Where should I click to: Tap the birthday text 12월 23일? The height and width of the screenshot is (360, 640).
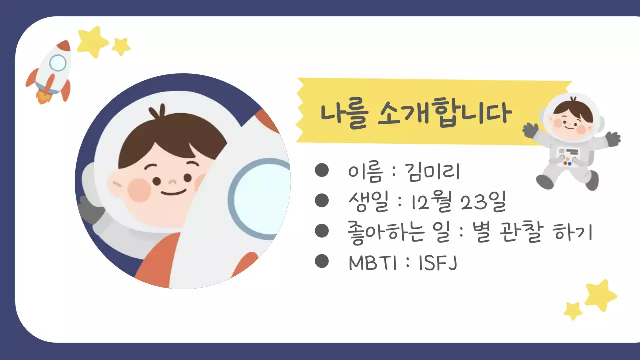tap(458, 202)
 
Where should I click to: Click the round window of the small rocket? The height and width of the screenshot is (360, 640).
tap(58, 63)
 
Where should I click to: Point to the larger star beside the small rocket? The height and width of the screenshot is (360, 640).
tap(92, 41)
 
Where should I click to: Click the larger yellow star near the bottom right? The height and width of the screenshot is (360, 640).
tap(601, 295)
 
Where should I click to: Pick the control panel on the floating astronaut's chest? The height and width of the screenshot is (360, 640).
tap(568, 156)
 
